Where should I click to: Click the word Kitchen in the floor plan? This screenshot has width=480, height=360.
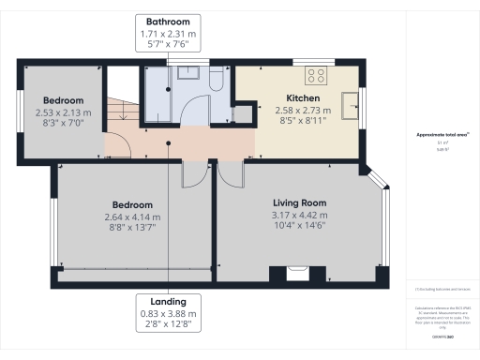pyautogui.click(x=303, y=98)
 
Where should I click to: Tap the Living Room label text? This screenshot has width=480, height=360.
pyautogui.click(x=299, y=202)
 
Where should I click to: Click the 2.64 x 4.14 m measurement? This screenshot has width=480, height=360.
pyautogui.click(x=133, y=217)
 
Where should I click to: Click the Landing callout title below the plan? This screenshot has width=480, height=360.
pyautogui.click(x=168, y=301)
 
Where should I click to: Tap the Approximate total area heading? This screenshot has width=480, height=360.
pyautogui.click(x=442, y=134)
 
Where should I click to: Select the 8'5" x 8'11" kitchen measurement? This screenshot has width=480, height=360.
pyautogui.click(x=303, y=121)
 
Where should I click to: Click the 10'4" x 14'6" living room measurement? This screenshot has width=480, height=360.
pyautogui.click(x=299, y=225)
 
